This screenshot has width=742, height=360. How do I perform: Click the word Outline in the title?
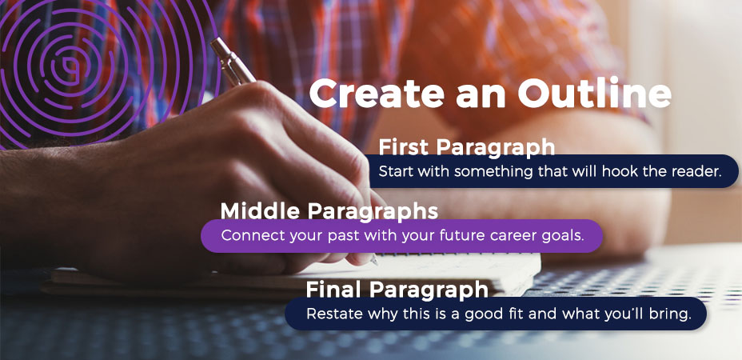594,94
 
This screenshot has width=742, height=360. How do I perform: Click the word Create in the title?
377,94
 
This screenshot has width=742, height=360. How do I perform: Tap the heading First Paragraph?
467,147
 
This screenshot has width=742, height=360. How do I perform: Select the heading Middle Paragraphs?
329,211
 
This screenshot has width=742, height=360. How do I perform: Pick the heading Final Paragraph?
397,290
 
